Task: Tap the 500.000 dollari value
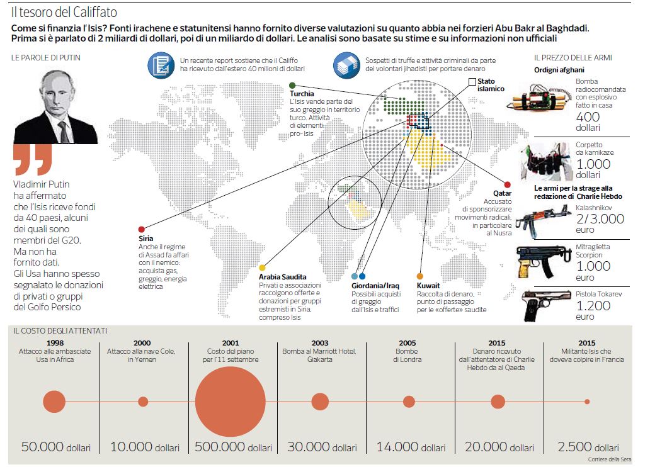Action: tap(233, 447)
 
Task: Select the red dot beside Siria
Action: tap(142, 229)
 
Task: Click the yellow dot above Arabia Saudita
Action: tap(263, 267)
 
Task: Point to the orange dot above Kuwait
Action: tap(420, 276)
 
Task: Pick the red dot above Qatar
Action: tap(507, 184)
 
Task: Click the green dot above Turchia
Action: tap(293, 85)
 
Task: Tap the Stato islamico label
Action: tap(491, 85)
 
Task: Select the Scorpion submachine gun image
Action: tap(537, 261)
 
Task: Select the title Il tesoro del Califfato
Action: tap(64, 13)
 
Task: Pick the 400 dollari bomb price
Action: tap(588, 121)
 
